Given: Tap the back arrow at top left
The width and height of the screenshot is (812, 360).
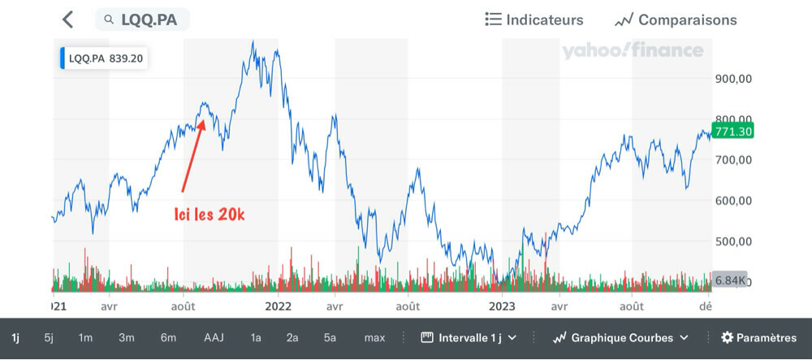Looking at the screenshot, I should pos(67,20).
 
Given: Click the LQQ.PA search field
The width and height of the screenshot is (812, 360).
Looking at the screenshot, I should pos(142,20).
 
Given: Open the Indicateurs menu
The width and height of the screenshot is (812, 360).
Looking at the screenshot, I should pos(533,20).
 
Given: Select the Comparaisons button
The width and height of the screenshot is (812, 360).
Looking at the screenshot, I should pos(676,20).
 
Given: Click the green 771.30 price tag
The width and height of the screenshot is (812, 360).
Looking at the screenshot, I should pos(732,131).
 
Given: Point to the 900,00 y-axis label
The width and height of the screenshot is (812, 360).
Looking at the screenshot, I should pos(734,79).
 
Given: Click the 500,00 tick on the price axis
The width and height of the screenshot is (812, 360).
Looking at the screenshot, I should pos(734,241).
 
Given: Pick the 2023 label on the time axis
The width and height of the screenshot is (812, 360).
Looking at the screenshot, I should pos(501,306).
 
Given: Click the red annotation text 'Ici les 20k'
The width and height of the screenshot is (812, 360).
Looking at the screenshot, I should pos(209,215).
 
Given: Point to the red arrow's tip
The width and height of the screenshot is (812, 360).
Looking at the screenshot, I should pos(203,120).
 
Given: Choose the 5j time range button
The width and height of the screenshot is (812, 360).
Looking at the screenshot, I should pos(49,337).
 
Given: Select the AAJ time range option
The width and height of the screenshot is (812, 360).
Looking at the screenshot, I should pos(214,337).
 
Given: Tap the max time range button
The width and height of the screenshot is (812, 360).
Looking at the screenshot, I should pos(374,337).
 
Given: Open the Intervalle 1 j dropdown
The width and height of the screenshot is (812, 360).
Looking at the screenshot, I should pos(469,337).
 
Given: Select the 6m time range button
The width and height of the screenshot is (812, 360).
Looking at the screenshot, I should pos(168,337).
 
